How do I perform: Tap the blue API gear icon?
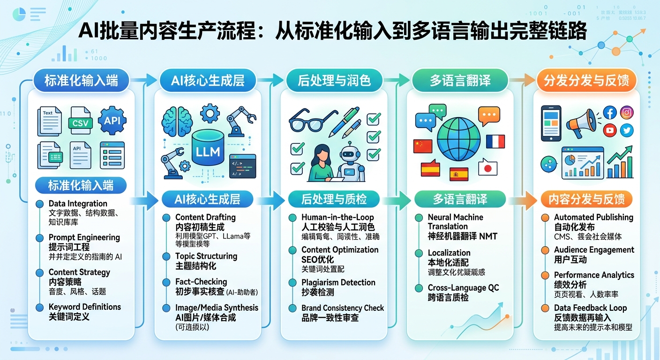click(112, 120)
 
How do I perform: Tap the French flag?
click(495, 142)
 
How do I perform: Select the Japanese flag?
click(487, 167)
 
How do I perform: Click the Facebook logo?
click(609, 113)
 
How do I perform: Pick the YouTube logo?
click(610, 130)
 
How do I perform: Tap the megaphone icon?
click(582, 122)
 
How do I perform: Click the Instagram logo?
click(627, 113)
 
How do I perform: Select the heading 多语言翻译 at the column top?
click(460, 80)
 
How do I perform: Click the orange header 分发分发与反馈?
click(586, 80)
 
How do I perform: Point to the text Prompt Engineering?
click(84, 237)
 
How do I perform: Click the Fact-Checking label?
click(201, 282)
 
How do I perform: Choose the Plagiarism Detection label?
click(338, 282)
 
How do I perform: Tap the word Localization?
click(449, 253)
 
